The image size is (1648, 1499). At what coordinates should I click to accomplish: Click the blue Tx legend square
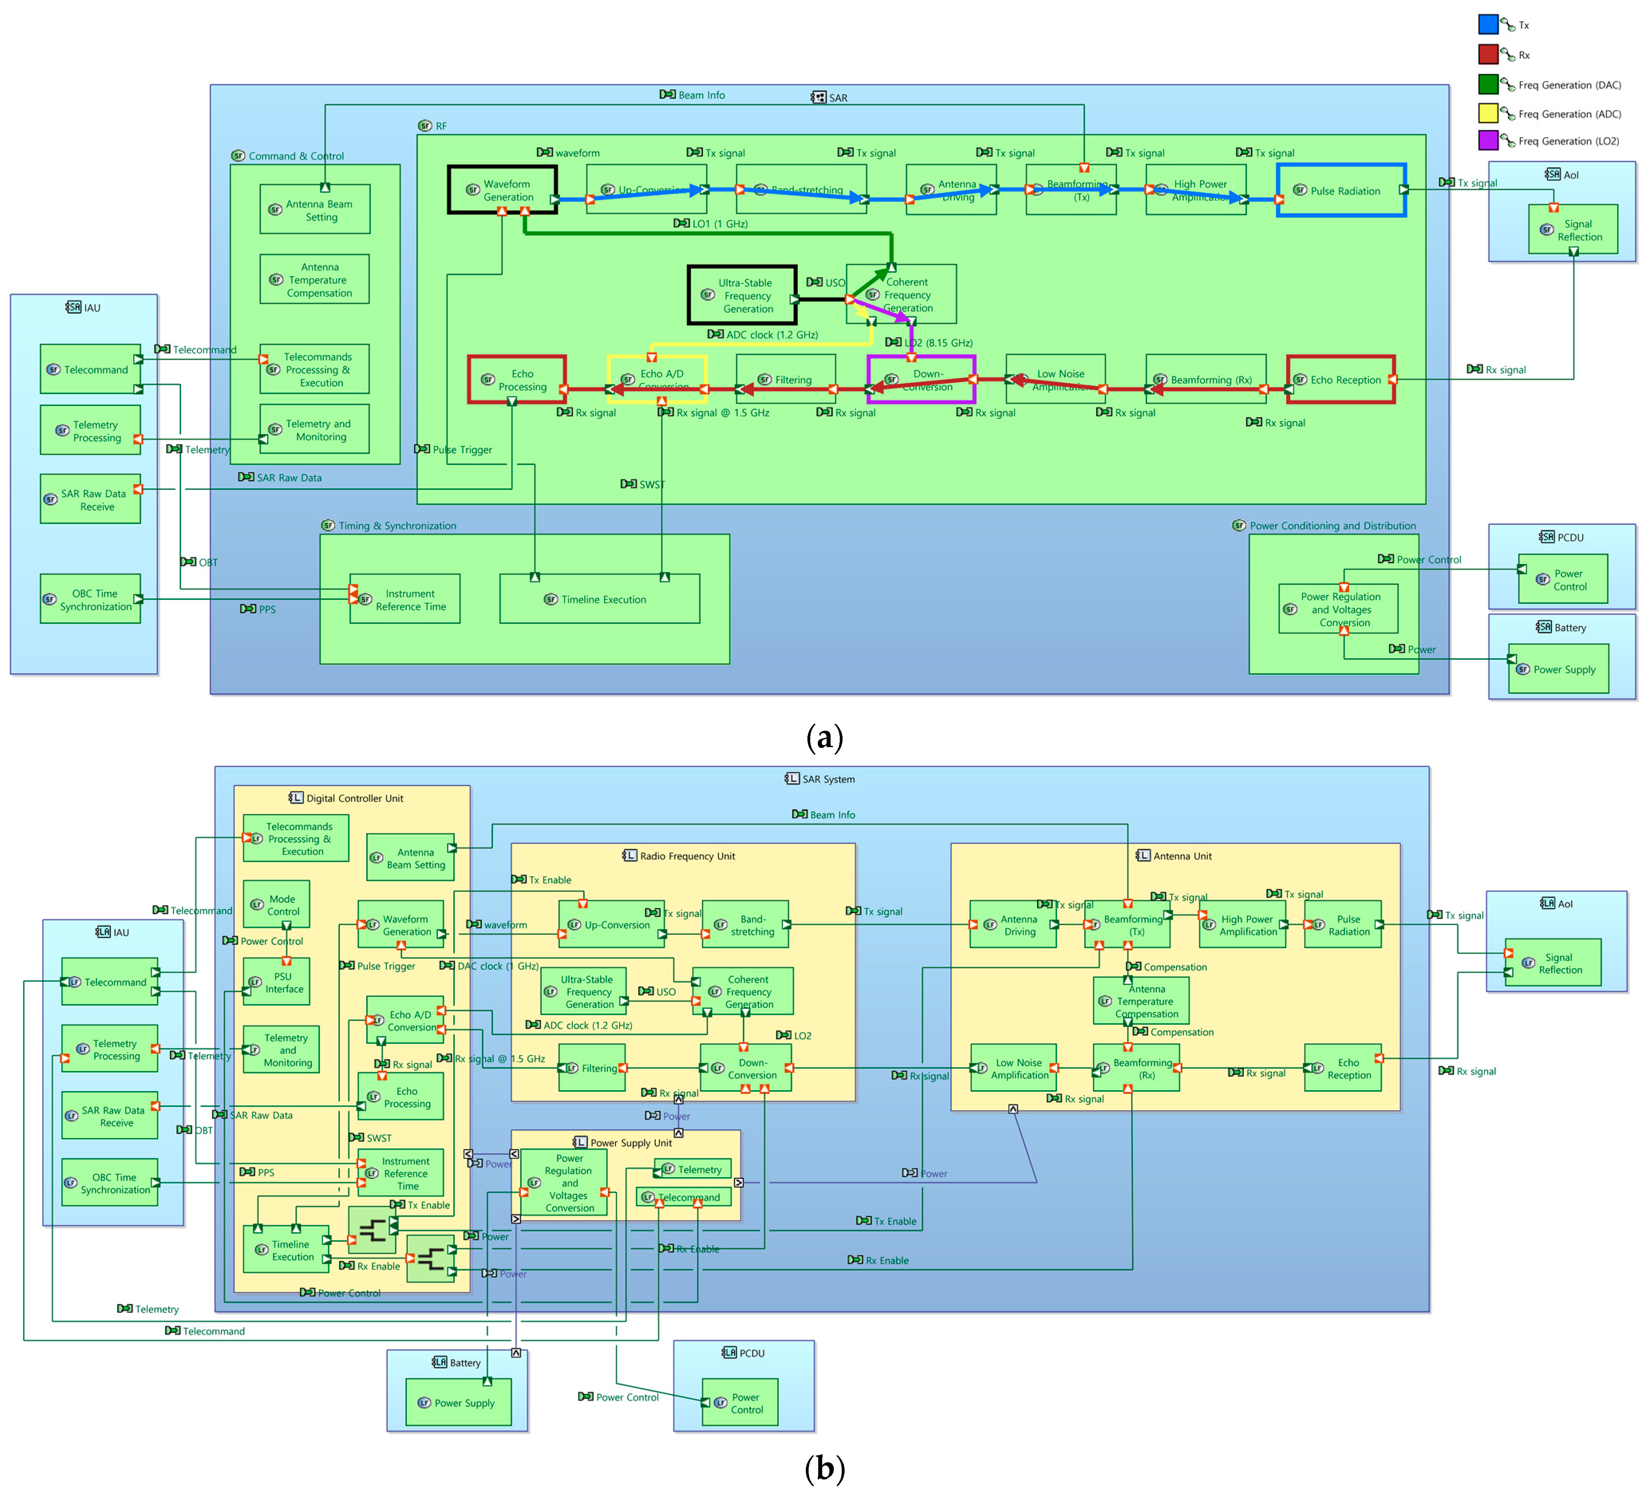(1488, 24)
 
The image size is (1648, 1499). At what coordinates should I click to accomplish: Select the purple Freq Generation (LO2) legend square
(1488, 140)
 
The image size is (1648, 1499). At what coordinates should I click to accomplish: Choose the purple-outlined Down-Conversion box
(921, 379)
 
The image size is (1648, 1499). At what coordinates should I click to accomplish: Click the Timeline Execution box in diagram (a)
(599, 599)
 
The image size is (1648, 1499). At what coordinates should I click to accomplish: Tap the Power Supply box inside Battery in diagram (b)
(459, 1402)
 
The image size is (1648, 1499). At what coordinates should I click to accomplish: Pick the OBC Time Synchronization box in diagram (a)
(91, 599)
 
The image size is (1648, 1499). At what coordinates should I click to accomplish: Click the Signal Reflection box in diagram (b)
(1552, 964)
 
